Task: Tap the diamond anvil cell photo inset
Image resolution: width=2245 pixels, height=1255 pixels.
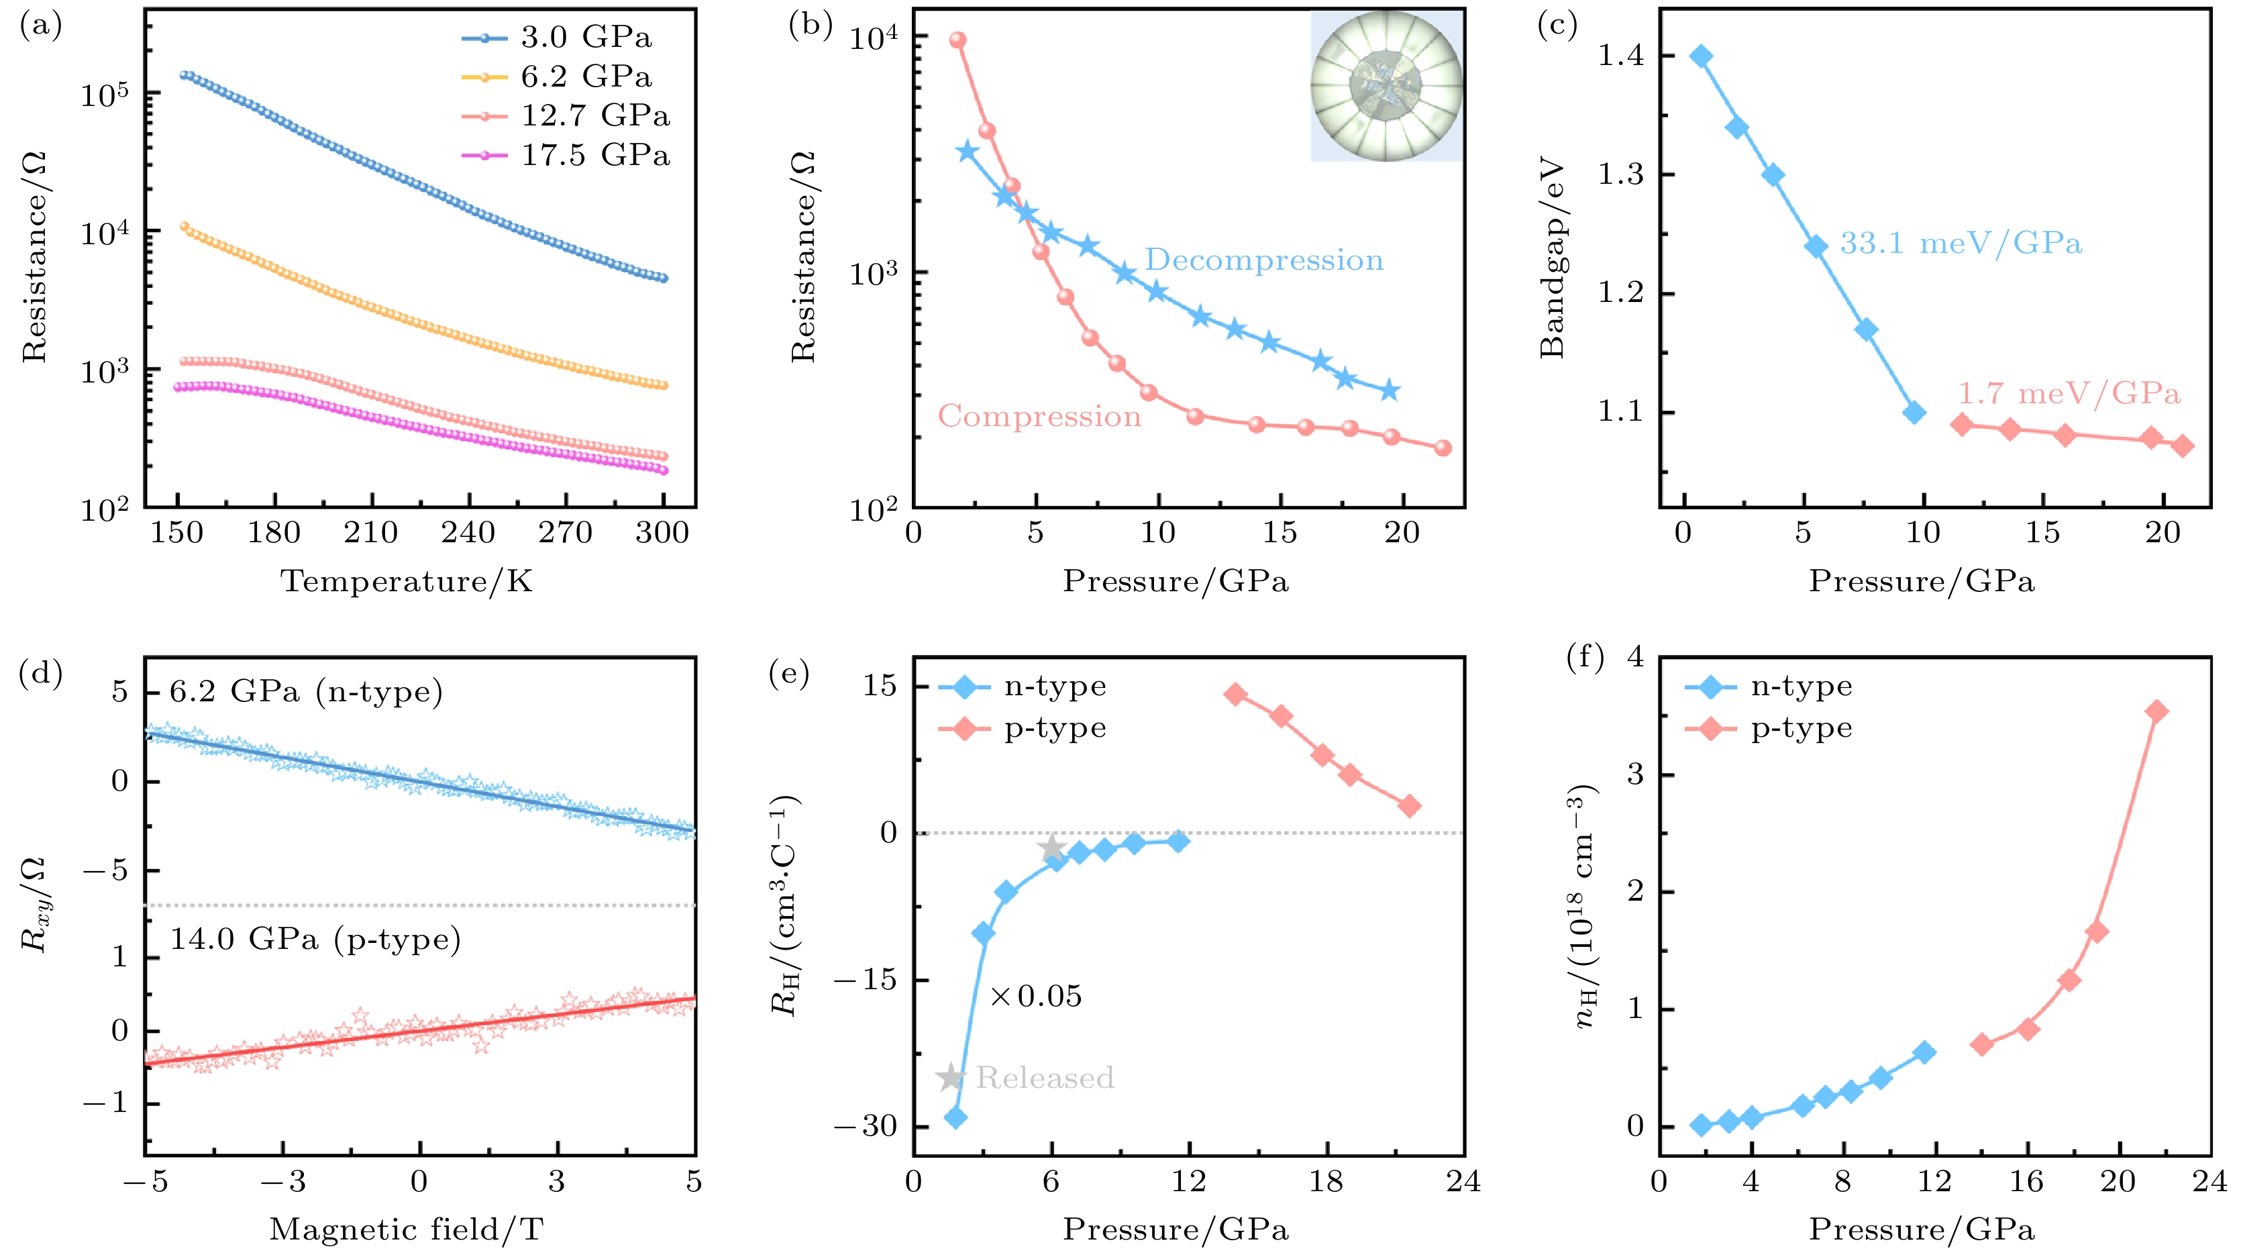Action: click(x=1387, y=85)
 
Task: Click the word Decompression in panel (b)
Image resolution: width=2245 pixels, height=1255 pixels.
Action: click(x=1263, y=260)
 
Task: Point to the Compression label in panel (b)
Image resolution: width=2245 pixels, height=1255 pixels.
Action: click(x=1039, y=417)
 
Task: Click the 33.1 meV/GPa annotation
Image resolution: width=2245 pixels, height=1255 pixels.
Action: click(x=1960, y=243)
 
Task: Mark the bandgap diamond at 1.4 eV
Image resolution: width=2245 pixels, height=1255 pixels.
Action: click(x=1700, y=56)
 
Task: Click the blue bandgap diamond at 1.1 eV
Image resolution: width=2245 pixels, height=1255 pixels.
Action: click(x=1914, y=412)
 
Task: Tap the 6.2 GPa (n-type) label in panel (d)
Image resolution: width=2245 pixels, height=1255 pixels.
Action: click(x=306, y=692)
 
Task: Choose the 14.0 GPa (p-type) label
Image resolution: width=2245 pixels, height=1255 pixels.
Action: click(x=315, y=940)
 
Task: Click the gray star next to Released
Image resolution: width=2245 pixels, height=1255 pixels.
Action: click(x=951, y=1077)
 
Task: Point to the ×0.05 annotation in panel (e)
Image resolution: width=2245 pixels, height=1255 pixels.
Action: click(x=1035, y=996)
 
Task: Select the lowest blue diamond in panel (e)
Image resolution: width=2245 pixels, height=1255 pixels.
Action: click(x=955, y=1117)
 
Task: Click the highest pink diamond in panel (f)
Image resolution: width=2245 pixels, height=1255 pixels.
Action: click(x=2157, y=711)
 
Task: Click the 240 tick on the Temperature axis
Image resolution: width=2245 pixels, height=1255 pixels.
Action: click(x=468, y=532)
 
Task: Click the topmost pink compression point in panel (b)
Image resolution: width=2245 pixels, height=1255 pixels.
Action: click(x=958, y=40)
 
